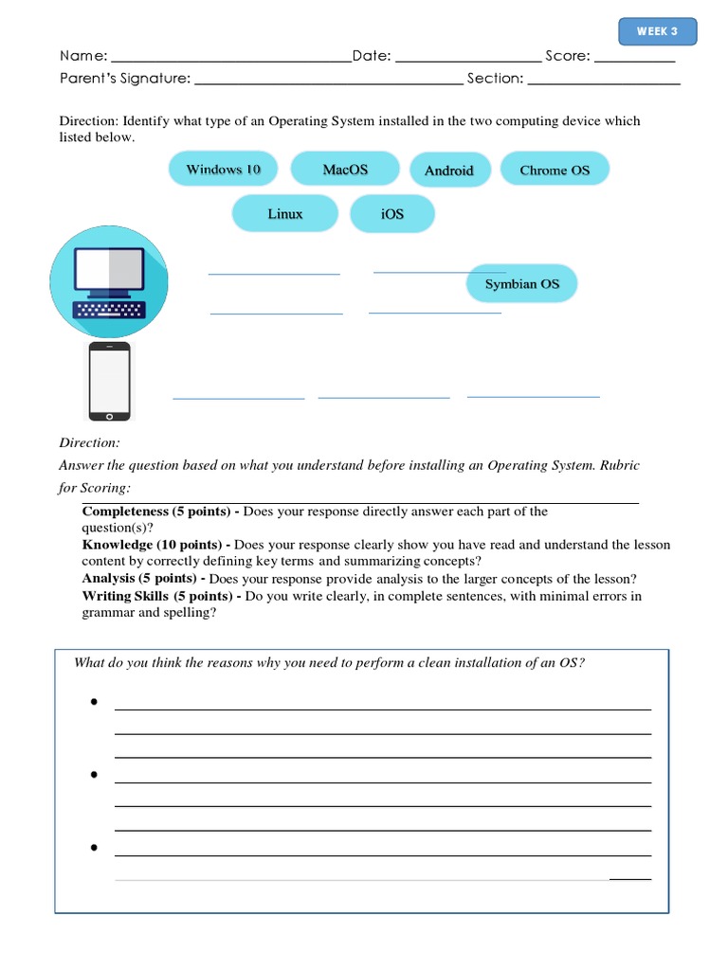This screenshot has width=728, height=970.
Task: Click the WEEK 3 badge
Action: [657, 31]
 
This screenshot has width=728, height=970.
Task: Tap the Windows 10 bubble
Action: [223, 170]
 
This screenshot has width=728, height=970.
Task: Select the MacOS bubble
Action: [345, 170]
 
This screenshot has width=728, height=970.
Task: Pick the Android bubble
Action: [448, 171]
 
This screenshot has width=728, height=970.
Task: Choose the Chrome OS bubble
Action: [555, 171]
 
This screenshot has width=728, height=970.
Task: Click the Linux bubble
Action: [284, 214]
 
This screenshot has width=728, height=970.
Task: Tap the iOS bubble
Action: [392, 214]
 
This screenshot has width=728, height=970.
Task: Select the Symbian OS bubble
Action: [521, 284]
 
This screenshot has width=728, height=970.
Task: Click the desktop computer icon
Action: [109, 282]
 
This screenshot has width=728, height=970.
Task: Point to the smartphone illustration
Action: [109, 382]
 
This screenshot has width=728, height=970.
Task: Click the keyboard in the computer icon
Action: [109, 310]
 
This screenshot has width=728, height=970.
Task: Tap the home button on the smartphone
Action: [109, 415]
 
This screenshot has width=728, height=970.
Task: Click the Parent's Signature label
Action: [125, 79]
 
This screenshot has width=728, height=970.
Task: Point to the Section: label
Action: [495, 79]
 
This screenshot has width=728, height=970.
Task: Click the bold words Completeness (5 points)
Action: [156, 512]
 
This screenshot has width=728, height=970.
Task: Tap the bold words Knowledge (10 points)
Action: [152, 545]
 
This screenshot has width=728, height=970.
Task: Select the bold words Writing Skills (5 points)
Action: [156, 596]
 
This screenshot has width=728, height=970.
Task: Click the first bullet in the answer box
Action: [95, 702]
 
